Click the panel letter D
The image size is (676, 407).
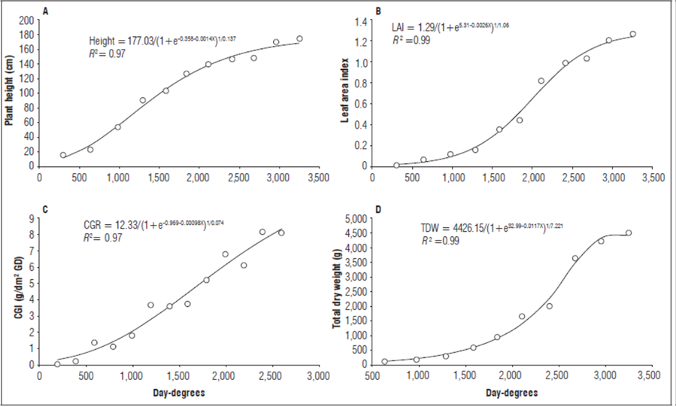click(378, 210)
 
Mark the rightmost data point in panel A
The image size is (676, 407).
click(299, 39)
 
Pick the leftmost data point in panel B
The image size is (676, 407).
click(396, 166)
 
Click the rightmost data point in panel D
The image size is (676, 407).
click(629, 233)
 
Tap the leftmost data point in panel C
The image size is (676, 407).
click(57, 364)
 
